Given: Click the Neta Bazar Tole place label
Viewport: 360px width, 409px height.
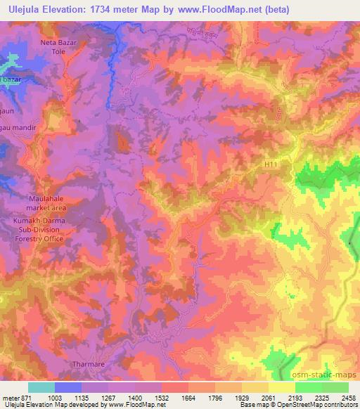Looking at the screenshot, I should (58, 47).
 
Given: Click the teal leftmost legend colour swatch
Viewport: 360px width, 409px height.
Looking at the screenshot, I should (41, 387).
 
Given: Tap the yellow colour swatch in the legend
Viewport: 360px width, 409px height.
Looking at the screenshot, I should (281, 387).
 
